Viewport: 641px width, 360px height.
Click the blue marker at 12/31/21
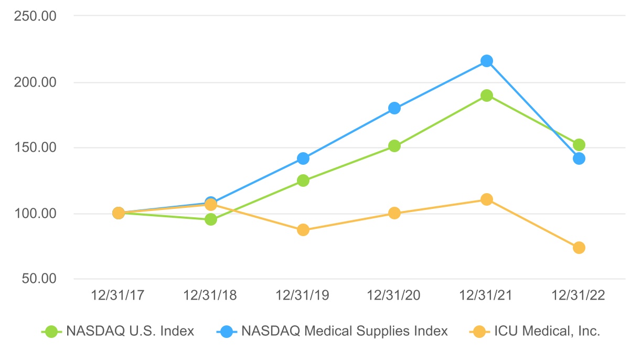(487, 61)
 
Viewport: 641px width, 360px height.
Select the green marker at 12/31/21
(487, 96)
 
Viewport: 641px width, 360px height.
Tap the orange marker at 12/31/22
(579, 248)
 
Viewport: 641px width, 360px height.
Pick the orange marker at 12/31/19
(303, 230)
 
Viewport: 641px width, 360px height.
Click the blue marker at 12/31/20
(394, 108)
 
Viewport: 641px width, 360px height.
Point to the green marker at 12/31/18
(211, 219)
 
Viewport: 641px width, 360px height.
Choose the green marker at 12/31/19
(303, 181)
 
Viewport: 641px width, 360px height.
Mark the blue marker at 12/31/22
(579, 158)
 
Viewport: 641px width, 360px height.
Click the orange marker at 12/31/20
(394, 213)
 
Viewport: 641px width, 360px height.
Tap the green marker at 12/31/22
(579, 145)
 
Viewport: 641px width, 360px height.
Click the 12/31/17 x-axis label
(118, 295)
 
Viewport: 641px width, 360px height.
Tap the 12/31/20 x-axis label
(394, 295)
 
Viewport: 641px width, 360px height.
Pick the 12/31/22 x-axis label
(579, 295)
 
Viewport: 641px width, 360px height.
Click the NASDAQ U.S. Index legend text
(130, 331)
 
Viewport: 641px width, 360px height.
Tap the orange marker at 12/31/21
(487, 199)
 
